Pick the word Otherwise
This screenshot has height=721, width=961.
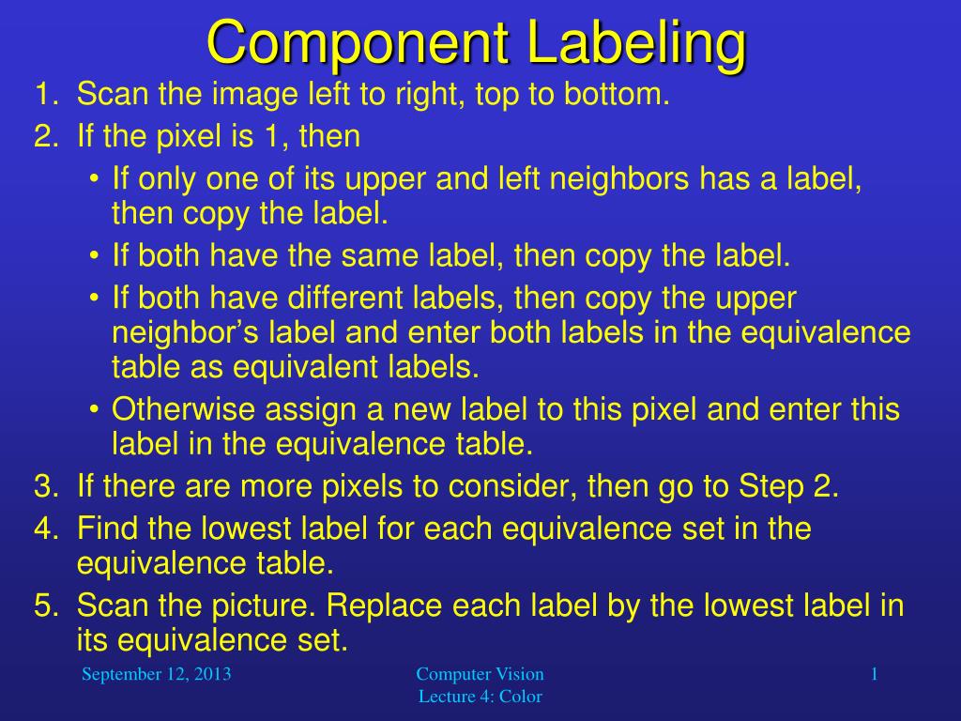click(x=183, y=409)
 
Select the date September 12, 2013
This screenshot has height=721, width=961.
click(x=157, y=674)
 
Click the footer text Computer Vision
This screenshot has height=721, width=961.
click(x=480, y=674)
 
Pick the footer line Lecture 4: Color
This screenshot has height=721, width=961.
click(x=480, y=696)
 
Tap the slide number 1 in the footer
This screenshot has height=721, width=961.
click(x=874, y=674)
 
